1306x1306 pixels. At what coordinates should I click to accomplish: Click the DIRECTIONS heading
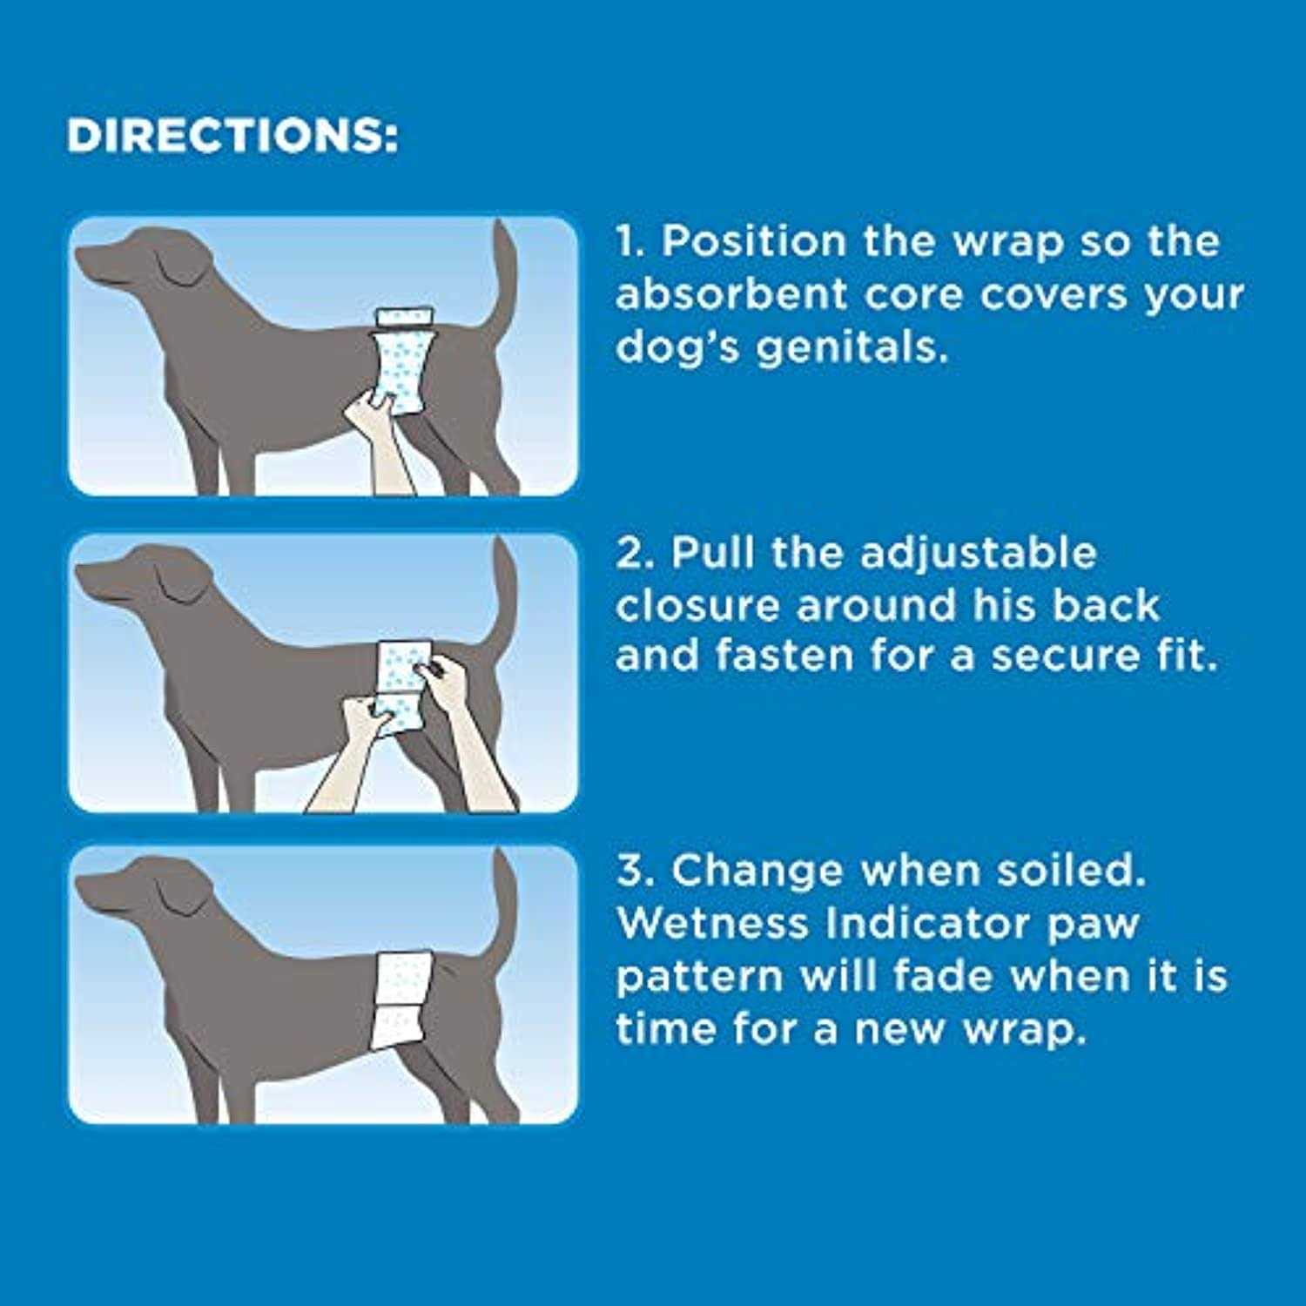click(x=232, y=136)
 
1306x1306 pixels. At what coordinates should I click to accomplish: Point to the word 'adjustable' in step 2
click(x=979, y=553)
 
